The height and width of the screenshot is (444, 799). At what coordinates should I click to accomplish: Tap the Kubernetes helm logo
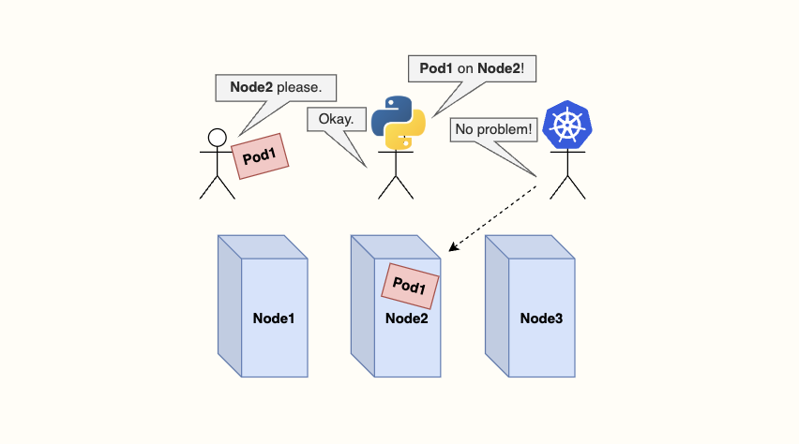pyautogui.click(x=568, y=125)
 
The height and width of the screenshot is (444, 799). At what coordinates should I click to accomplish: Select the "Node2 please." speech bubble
pyautogui.click(x=276, y=88)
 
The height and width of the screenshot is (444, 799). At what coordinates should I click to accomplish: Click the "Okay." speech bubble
pyautogui.click(x=336, y=120)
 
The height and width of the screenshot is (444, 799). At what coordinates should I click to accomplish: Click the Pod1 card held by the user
pyautogui.click(x=260, y=155)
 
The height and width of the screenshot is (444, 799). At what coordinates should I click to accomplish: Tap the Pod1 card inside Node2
pyautogui.click(x=410, y=286)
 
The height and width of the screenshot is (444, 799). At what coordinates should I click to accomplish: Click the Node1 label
pyautogui.click(x=274, y=318)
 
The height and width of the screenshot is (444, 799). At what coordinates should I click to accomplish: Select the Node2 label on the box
pyautogui.click(x=407, y=318)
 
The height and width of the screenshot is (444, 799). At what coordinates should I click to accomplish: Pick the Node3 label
pyautogui.click(x=541, y=318)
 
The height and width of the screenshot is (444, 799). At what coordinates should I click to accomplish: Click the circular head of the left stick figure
pyautogui.click(x=217, y=138)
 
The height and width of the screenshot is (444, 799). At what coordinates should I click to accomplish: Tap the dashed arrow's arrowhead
pyautogui.click(x=453, y=248)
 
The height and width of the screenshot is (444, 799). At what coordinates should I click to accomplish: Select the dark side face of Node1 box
pyautogui.click(x=230, y=305)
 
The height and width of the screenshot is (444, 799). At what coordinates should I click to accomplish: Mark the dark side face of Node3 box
pyautogui.click(x=496, y=305)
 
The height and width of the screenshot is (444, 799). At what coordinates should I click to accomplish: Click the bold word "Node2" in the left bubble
pyautogui.click(x=251, y=88)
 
